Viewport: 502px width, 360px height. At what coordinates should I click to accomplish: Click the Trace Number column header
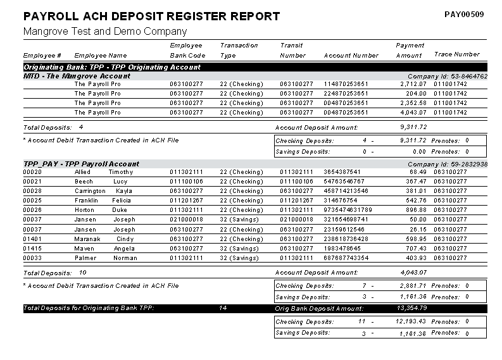(456, 54)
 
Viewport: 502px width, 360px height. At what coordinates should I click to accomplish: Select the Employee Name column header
(100, 55)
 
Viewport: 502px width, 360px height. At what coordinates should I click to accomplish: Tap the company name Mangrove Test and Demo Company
(104, 31)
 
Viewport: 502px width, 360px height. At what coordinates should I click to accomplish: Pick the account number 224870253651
(345, 93)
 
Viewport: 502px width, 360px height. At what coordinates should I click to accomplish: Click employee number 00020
(32, 172)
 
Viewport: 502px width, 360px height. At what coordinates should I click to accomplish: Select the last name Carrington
(90, 191)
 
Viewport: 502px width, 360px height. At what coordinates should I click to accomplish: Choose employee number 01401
(32, 239)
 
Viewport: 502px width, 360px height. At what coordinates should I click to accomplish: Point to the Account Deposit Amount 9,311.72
(413, 127)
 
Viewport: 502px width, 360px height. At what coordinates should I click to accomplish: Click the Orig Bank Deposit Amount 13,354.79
(411, 308)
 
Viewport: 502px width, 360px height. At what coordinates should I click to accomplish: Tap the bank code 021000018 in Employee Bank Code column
(186, 220)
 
